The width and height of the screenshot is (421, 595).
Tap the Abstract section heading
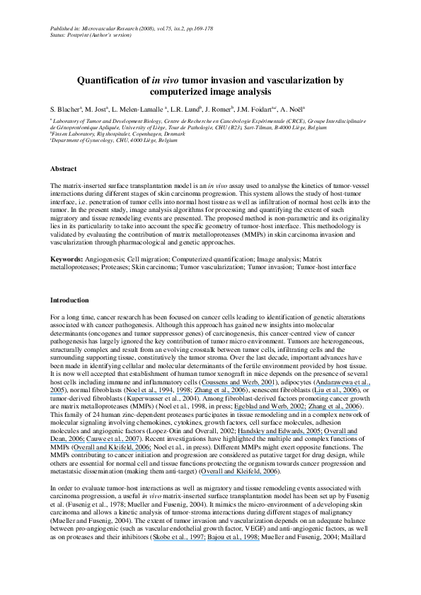pyautogui.click(x=64, y=169)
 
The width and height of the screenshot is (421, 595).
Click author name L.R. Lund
pyautogui.click(x=187, y=111)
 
